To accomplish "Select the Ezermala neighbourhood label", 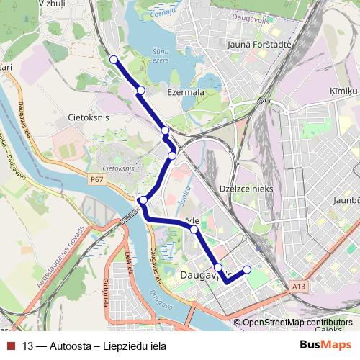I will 186,93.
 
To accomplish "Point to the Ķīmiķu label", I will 343,91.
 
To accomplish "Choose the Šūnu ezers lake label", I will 164,55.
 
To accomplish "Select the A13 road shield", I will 300,286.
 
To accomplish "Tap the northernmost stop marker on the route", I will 113,60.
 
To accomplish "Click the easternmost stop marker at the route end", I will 247,270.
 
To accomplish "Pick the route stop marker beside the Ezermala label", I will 140,90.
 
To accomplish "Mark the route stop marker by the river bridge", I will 143,200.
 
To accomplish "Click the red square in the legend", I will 9,345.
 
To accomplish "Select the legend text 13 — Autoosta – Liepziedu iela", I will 94,346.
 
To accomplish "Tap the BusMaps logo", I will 325,345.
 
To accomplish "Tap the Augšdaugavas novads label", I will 53,248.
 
